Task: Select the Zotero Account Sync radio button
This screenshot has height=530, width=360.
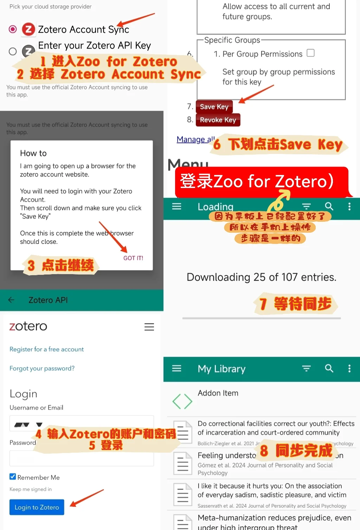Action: click(x=13, y=29)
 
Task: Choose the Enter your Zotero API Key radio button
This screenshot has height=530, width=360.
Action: click(x=13, y=51)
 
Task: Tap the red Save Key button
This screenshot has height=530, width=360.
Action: click(x=214, y=107)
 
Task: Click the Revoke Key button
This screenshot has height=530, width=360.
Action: click(x=218, y=120)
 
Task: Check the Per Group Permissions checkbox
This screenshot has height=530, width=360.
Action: click(x=310, y=53)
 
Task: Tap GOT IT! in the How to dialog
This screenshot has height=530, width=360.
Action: click(x=133, y=258)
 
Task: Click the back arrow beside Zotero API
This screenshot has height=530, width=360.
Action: click(x=11, y=300)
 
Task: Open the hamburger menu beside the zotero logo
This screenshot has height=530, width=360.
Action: click(x=149, y=327)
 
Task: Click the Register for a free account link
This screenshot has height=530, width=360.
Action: click(x=46, y=349)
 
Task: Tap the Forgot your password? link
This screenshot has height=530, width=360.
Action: click(x=42, y=368)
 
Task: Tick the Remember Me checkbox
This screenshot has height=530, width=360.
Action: click(x=13, y=477)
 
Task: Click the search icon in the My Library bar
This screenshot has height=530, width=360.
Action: click(x=329, y=368)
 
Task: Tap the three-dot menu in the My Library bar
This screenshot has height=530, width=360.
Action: click(x=349, y=368)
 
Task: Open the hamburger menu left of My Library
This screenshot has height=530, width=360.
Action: click(x=176, y=368)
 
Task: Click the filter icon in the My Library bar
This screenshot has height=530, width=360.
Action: click(x=307, y=368)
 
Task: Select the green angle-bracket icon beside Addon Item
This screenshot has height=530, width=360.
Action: click(x=182, y=401)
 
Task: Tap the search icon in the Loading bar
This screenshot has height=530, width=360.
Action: click(x=329, y=206)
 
